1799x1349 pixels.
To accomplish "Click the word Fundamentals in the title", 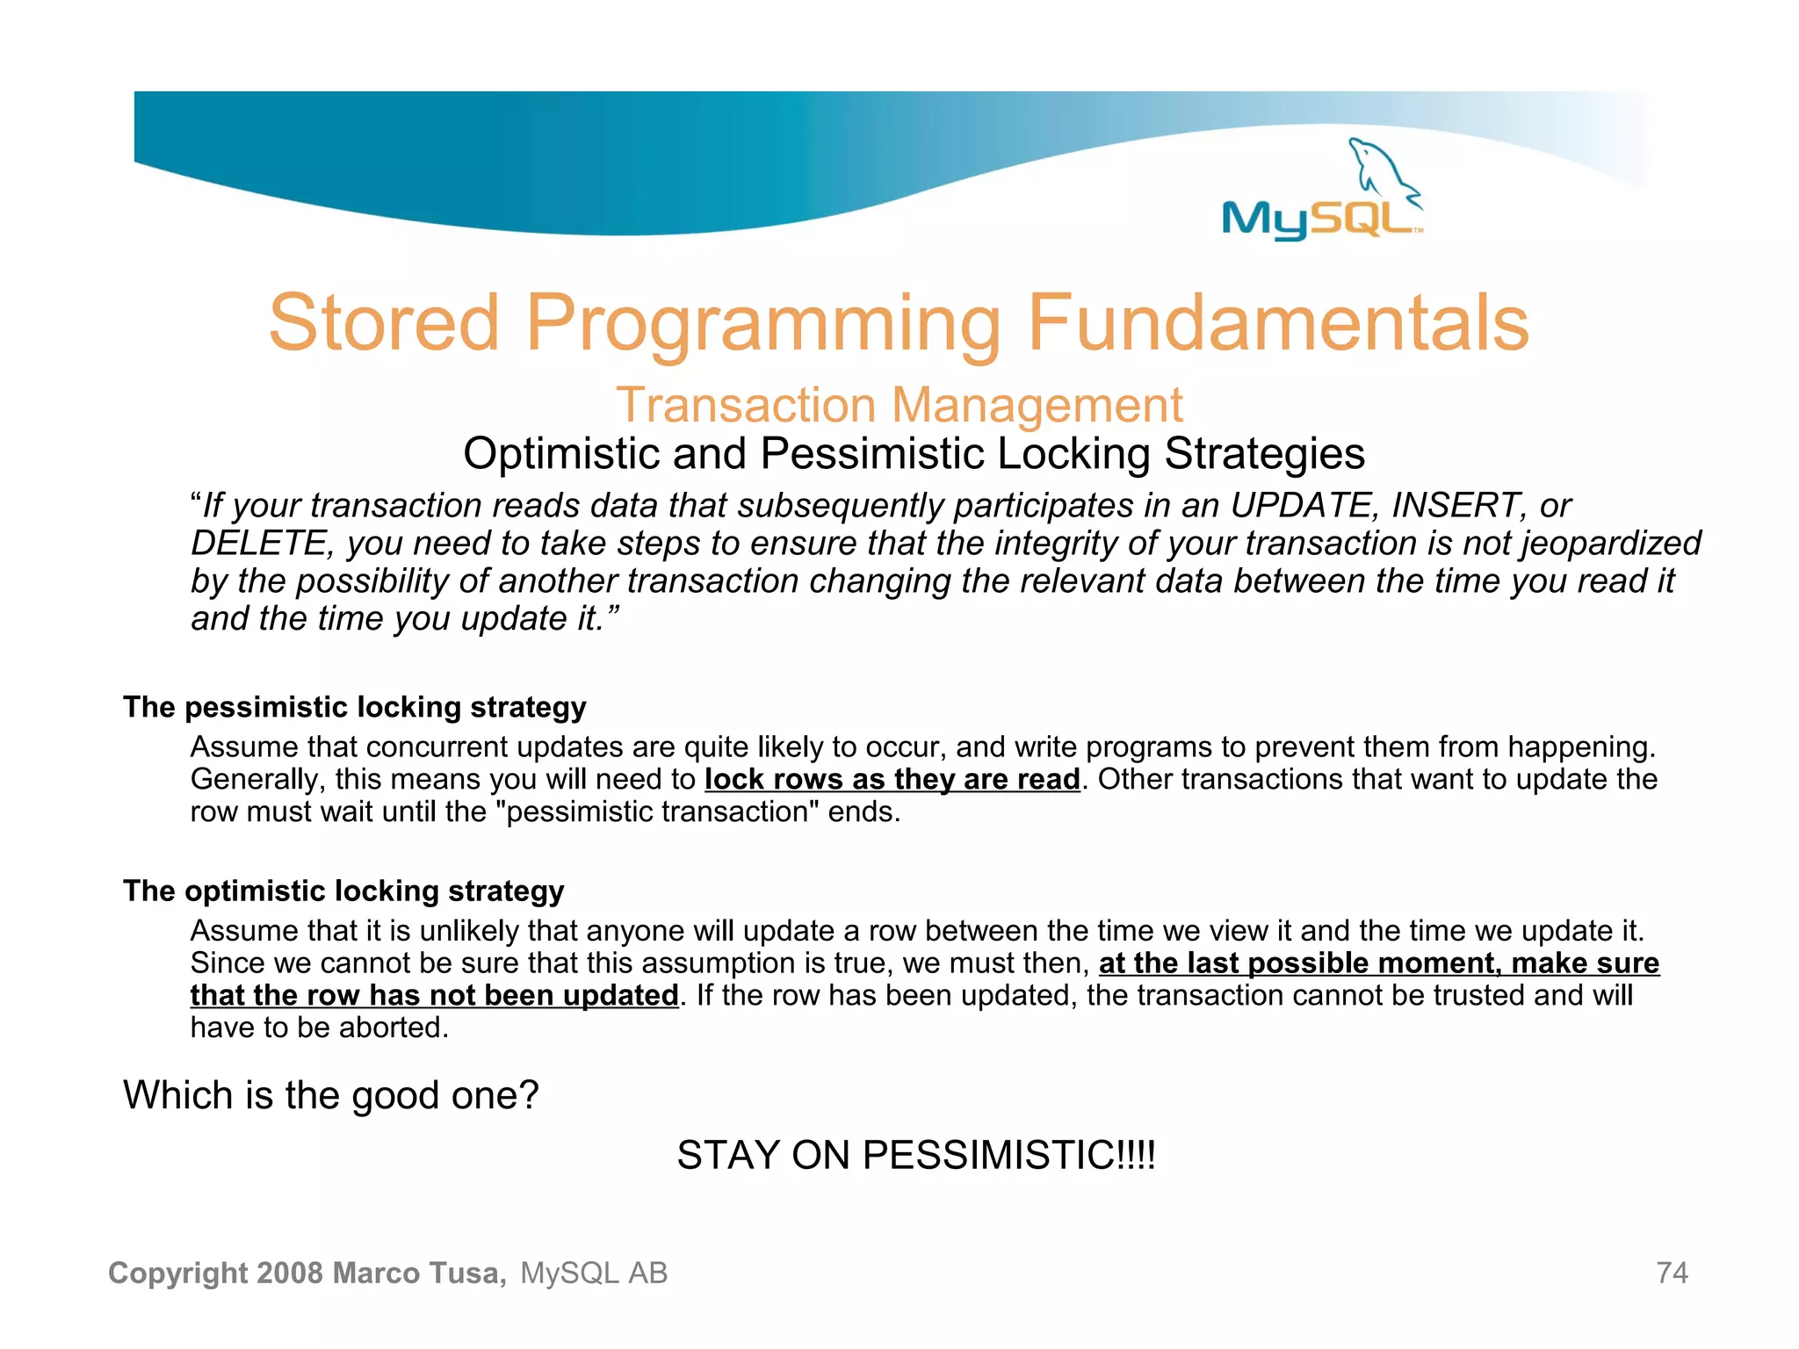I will pyautogui.click(x=1278, y=323).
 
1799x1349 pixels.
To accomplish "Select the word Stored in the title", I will pyautogui.click(x=384, y=323).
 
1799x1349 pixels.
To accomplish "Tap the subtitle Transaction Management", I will pyautogui.click(x=899, y=405).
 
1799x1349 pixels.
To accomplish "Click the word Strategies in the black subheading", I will pyautogui.click(x=1264, y=454).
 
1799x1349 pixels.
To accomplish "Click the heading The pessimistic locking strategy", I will pyautogui.click(x=354, y=707).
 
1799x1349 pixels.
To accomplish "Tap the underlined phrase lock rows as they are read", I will pyautogui.click(x=892, y=779).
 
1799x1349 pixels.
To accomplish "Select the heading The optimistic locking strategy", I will pyautogui.click(x=343, y=891).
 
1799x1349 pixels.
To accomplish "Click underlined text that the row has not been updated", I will pyautogui.click(x=434, y=995).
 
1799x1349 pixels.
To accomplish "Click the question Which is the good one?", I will pyautogui.click(x=330, y=1095).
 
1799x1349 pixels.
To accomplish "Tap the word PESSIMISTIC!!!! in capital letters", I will pyautogui.click(x=1008, y=1155).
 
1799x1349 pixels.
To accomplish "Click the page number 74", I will pyautogui.click(x=1671, y=1273).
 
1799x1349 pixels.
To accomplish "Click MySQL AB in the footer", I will pyautogui.click(x=594, y=1273).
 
